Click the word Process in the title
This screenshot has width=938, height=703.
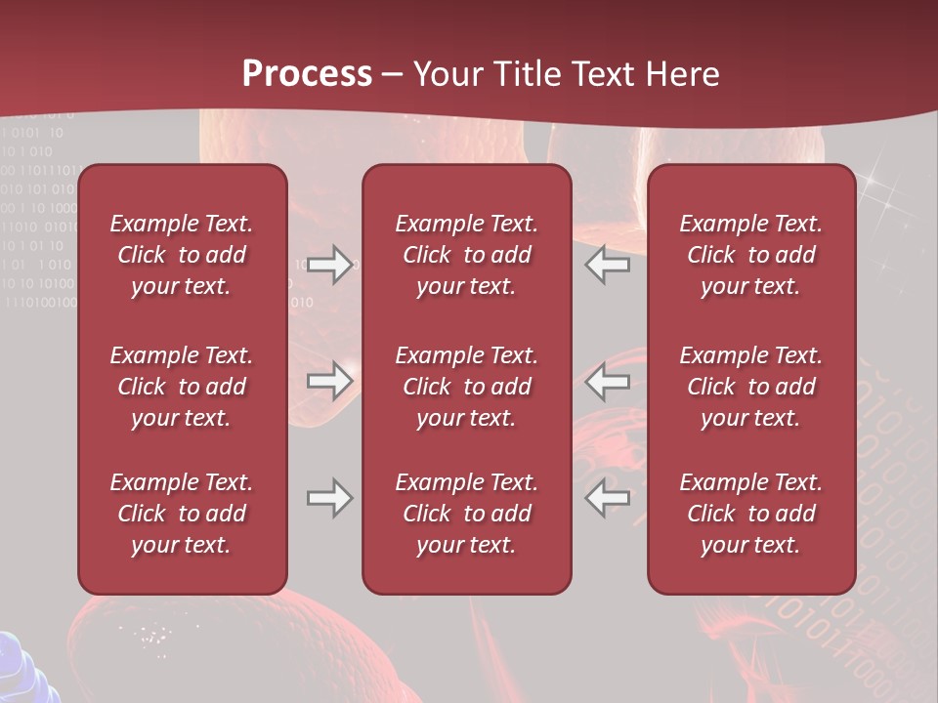click(x=307, y=74)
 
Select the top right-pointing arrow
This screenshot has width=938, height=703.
click(x=329, y=265)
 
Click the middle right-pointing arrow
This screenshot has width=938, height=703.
click(x=329, y=381)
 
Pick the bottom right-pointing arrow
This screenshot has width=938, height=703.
click(x=329, y=498)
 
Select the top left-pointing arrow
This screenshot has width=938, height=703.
click(x=608, y=265)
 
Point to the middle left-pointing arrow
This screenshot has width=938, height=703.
click(x=608, y=381)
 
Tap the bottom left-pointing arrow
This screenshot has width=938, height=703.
click(x=608, y=498)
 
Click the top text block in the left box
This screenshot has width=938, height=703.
click(x=182, y=255)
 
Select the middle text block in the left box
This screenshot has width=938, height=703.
click(x=182, y=387)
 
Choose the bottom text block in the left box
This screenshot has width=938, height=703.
click(x=182, y=514)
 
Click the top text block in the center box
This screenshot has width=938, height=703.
click(x=467, y=255)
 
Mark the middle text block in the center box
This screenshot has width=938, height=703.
click(x=467, y=387)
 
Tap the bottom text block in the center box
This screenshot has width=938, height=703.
click(x=467, y=514)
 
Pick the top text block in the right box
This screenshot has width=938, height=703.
click(x=751, y=255)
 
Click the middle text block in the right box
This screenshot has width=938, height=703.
click(x=751, y=387)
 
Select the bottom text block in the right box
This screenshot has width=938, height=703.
click(x=751, y=514)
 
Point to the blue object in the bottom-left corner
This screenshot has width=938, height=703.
click(x=24, y=669)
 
